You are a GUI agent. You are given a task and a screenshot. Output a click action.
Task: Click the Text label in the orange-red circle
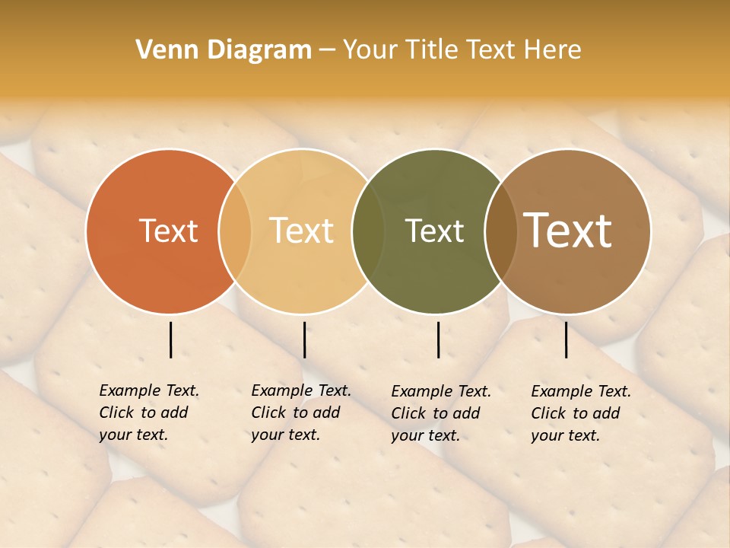pyautogui.click(x=168, y=231)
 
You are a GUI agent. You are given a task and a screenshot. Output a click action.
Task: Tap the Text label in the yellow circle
pyautogui.click(x=302, y=231)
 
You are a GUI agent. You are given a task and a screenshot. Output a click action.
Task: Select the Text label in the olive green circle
pyautogui.click(x=435, y=231)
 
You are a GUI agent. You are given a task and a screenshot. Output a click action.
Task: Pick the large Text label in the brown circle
pyautogui.click(x=568, y=231)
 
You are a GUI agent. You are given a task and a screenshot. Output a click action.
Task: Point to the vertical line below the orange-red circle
pyautogui.click(x=171, y=339)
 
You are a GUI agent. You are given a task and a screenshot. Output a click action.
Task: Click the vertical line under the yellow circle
pyautogui.click(x=304, y=339)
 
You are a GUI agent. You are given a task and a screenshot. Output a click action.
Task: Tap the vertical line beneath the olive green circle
pyautogui.click(x=439, y=339)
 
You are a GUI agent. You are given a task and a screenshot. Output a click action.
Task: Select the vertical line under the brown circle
pyautogui.click(x=567, y=339)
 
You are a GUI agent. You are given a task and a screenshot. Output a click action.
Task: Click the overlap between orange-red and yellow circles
pyautogui.click(x=235, y=231)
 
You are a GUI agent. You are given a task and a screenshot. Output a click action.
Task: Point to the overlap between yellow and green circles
pyautogui.click(x=368, y=231)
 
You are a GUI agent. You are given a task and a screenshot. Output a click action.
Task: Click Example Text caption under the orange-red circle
pyautogui.click(x=149, y=413)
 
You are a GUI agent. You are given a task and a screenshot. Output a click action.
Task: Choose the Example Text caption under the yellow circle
pyautogui.click(x=301, y=413)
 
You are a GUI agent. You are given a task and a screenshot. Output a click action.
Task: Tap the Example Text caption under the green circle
pyautogui.click(x=441, y=413)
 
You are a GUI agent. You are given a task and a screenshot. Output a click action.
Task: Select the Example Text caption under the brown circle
pyautogui.click(x=581, y=413)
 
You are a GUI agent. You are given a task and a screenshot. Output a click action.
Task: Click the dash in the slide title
pyautogui.click(x=327, y=50)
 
